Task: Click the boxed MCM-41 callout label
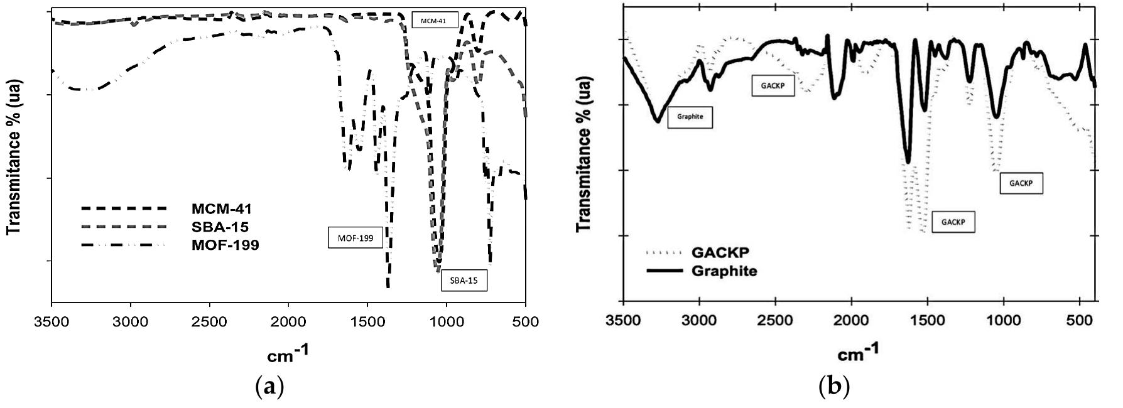click(x=435, y=20)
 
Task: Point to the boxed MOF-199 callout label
click(x=355, y=238)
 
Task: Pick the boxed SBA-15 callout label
click(x=464, y=281)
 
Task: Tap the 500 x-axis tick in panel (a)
click(x=526, y=323)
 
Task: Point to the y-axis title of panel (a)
click(x=14, y=156)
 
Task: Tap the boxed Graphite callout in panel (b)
click(x=690, y=117)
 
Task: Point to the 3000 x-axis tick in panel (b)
click(x=700, y=320)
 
